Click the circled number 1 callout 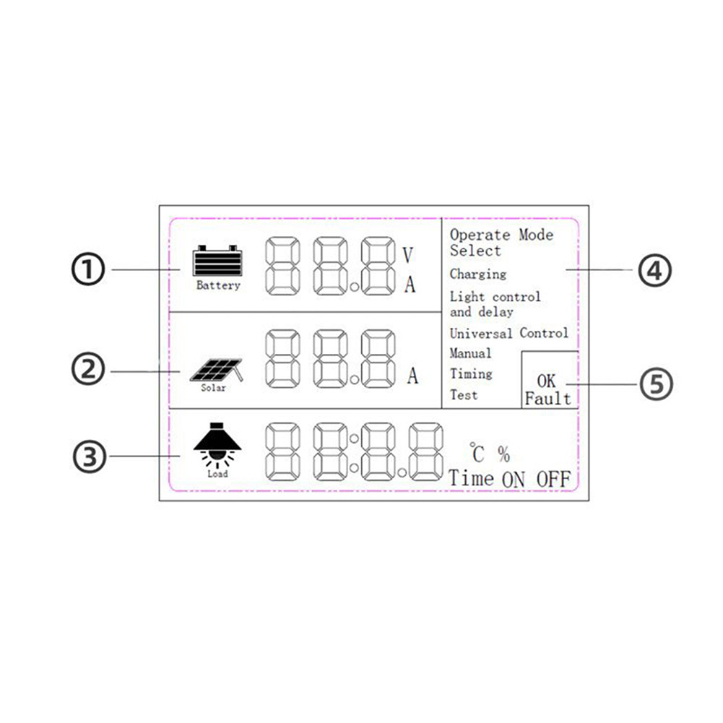coord(88,270)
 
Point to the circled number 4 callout coord(655,270)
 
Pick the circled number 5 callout coord(655,384)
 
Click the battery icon coord(217,261)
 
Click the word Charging coord(477,274)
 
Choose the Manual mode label coord(470,353)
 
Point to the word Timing coord(471,374)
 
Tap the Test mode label coord(463,395)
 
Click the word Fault coord(547,399)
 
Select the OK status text coord(547,381)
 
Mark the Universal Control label coord(509,333)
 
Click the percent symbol coord(503,454)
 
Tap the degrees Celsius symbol coord(477,454)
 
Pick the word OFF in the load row coord(553,479)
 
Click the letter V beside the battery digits coord(408,255)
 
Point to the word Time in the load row coord(472,479)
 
